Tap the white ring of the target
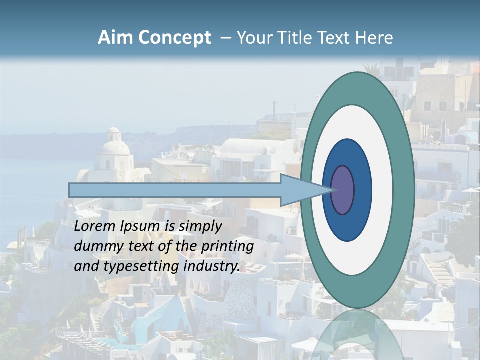(x=382, y=190)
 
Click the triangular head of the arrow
(x=300, y=190)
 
